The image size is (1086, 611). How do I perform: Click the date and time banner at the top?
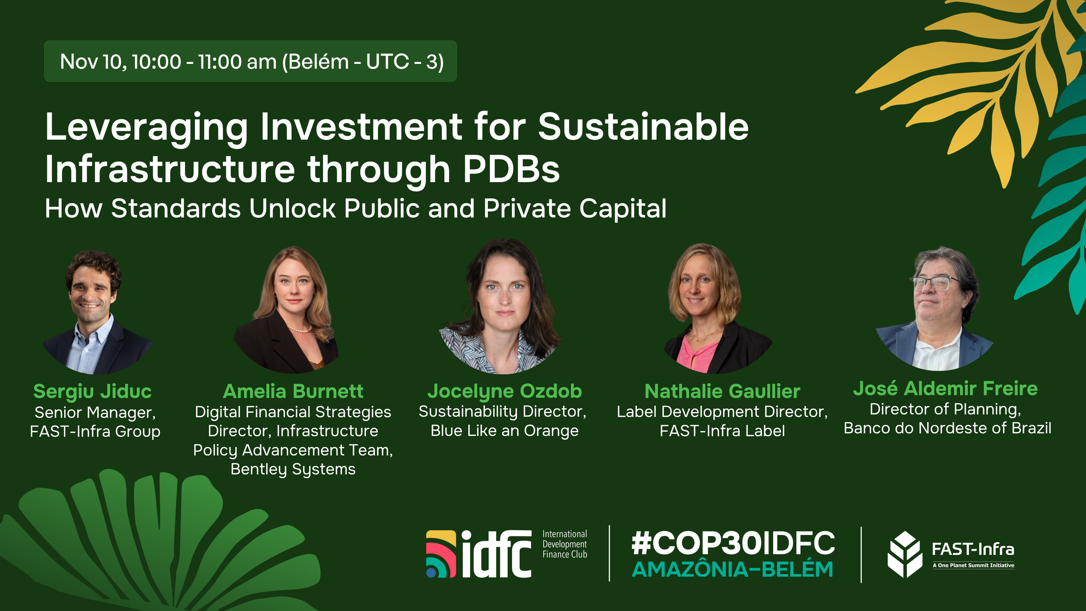coord(250,61)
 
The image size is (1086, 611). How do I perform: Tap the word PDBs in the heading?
coord(511,169)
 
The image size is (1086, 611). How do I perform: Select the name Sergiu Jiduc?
coord(93,392)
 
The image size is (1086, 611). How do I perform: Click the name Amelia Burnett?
coord(293,392)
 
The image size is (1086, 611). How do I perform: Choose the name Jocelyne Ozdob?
coord(505,392)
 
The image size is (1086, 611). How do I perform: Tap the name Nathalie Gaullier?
coord(722,392)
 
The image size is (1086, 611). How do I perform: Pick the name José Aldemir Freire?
coord(945,389)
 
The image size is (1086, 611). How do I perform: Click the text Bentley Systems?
coord(293,469)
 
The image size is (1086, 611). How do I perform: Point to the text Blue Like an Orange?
coord(505,431)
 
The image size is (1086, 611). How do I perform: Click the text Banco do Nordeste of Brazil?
coord(947,428)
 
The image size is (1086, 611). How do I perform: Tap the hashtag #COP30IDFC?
coord(733,543)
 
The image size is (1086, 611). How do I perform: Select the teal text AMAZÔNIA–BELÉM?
coord(732,570)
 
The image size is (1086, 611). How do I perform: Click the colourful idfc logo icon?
coord(441,554)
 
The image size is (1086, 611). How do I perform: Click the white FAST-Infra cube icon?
coord(905,555)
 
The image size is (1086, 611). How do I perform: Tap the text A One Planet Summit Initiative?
coord(973,565)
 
